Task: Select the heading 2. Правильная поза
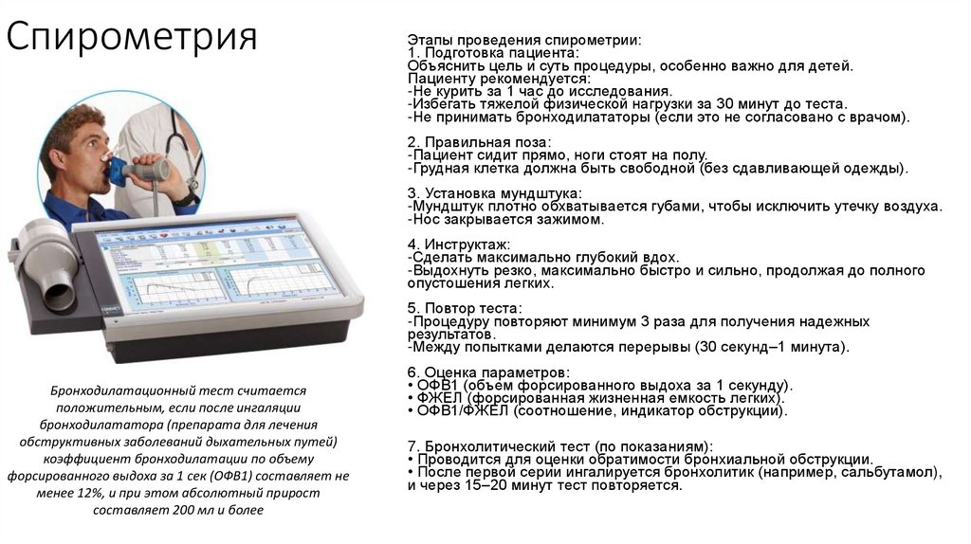tap(479, 142)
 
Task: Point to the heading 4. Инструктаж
tap(459, 245)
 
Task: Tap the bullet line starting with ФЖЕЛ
tap(596, 398)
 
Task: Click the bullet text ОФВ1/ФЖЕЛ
tap(463, 411)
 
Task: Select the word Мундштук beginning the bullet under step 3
tap(447, 206)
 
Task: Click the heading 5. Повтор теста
tap(465, 308)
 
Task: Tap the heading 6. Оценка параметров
tap(488, 372)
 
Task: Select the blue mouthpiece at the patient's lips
tap(118, 171)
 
